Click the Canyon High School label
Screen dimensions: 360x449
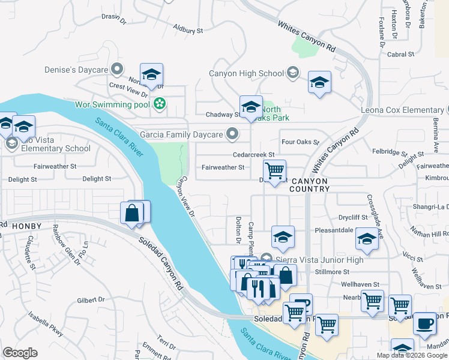tap(246, 74)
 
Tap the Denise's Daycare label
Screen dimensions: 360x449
tap(76, 70)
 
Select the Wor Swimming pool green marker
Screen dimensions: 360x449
tap(159, 104)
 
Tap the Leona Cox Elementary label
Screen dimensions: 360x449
tap(402, 110)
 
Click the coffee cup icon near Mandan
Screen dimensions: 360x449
tap(425, 322)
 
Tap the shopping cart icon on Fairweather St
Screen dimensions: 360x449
tap(274, 170)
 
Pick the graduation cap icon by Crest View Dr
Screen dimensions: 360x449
tap(152, 74)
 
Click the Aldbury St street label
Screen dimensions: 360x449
tap(188, 29)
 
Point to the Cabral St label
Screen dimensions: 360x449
tap(401, 54)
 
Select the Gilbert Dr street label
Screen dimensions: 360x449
tap(91, 299)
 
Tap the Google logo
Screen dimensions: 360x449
tap(20, 353)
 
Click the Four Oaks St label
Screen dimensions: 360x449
tap(300, 142)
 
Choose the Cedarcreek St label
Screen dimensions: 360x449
tap(254, 154)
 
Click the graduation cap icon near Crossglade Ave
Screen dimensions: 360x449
tap(367, 238)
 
